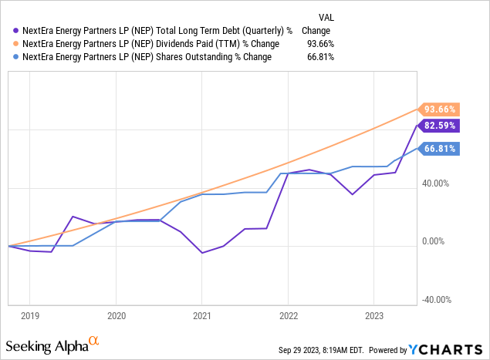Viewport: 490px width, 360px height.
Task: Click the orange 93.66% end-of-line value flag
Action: [x=438, y=109]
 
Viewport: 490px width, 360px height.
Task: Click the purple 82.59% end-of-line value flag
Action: [x=438, y=125]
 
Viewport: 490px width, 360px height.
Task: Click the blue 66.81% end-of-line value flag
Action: [x=438, y=149]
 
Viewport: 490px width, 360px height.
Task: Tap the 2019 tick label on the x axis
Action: [x=29, y=315]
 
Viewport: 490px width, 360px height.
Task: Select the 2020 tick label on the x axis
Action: [x=116, y=315]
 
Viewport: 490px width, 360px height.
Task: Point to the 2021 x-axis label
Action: [x=201, y=315]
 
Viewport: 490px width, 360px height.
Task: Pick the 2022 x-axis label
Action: [x=288, y=315]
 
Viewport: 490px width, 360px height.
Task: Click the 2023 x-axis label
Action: [x=373, y=315]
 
